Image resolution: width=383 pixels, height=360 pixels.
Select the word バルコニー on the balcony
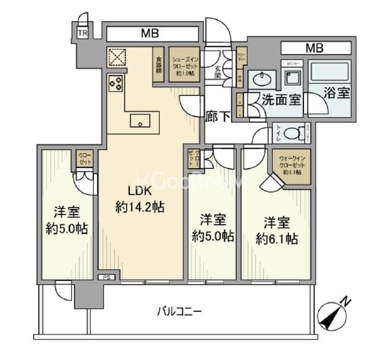coord(180,312)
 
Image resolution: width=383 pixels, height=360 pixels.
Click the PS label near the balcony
coord(106,278)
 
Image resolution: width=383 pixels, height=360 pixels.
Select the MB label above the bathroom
coord(314,48)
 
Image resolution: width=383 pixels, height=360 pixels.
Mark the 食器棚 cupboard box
coord(158,64)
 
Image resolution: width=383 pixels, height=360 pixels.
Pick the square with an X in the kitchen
coord(116,56)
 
